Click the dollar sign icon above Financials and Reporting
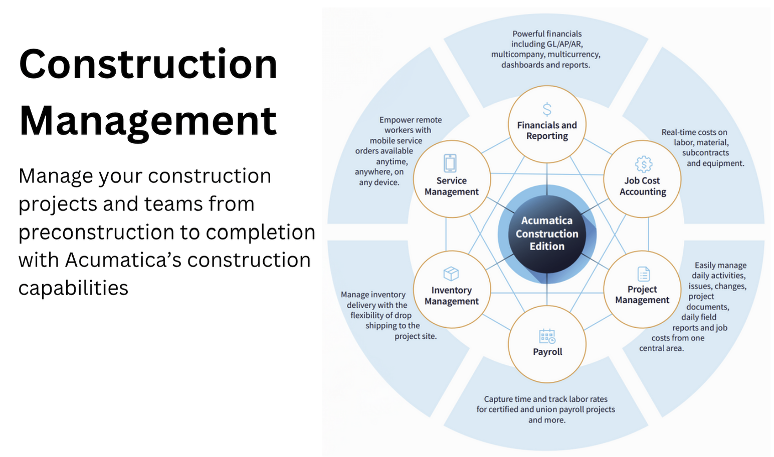click(x=547, y=109)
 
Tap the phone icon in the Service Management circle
click(x=450, y=163)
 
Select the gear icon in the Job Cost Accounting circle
click(x=643, y=164)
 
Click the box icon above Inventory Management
click(x=451, y=274)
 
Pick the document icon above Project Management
click(x=643, y=274)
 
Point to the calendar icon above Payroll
click(x=547, y=336)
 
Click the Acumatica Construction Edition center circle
click(x=547, y=234)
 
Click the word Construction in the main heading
click(x=148, y=64)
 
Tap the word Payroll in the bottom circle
click(x=547, y=352)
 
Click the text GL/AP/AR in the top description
click(x=564, y=44)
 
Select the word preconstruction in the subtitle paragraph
click(x=96, y=232)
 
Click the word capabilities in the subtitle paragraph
click(x=73, y=288)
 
